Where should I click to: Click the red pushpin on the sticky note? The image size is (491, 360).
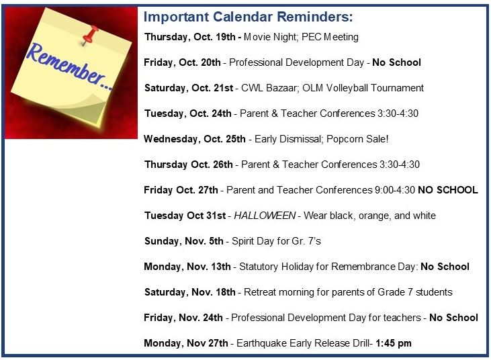coord(90,34)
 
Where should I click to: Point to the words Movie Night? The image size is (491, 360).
coord(270,37)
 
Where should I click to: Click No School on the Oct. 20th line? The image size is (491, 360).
coord(396,62)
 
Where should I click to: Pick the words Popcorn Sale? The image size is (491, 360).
coord(357,139)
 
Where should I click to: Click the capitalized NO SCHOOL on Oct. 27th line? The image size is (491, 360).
coord(448,190)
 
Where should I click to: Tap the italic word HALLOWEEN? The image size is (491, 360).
coord(265,216)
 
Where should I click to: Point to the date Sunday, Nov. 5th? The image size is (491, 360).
coord(184,241)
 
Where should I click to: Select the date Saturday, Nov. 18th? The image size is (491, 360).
coord(190,292)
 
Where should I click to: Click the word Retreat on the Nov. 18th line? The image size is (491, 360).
coord(260,292)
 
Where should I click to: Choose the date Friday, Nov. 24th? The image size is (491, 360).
coord(183,318)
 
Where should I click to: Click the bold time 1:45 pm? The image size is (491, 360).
coord(394,343)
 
